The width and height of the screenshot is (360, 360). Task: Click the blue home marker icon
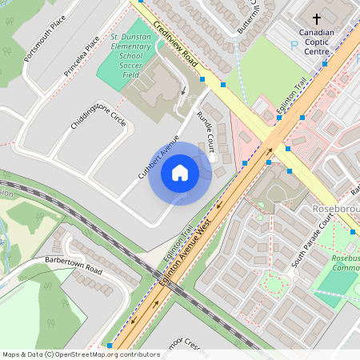coord(180,172)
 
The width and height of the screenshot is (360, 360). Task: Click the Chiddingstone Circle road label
coord(98,121)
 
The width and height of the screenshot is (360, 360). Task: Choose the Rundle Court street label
coord(206,131)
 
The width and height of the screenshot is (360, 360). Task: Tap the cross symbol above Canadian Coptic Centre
coord(316,18)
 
